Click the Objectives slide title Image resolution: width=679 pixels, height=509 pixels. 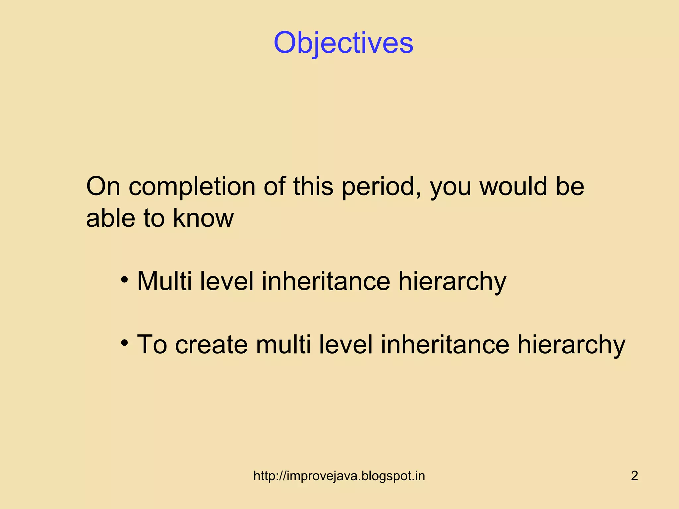343,43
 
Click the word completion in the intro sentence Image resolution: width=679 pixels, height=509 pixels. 192,187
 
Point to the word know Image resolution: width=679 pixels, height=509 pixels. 203,218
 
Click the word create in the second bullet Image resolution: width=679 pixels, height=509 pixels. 212,345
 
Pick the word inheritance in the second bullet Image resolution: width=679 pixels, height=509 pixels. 445,345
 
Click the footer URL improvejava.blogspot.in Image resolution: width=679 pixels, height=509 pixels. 339,476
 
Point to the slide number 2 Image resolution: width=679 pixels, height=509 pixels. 634,476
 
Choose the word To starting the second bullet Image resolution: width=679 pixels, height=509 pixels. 152,345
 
